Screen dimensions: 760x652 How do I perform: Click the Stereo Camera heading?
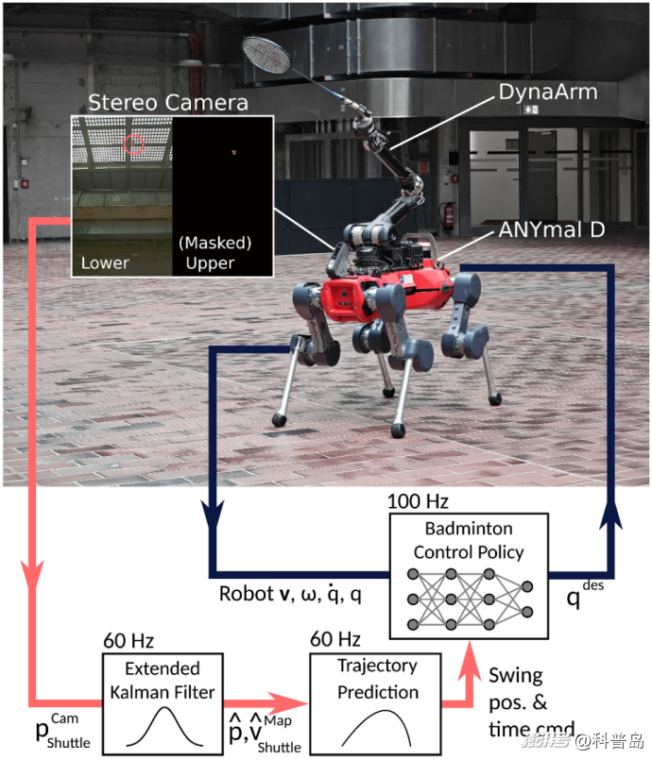point(167,102)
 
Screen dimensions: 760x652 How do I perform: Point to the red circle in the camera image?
point(134,144)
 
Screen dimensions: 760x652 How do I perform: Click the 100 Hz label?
point(418,499)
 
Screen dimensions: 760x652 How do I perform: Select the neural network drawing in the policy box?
point(466,600)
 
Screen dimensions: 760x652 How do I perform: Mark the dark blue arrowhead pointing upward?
point(613,515)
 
